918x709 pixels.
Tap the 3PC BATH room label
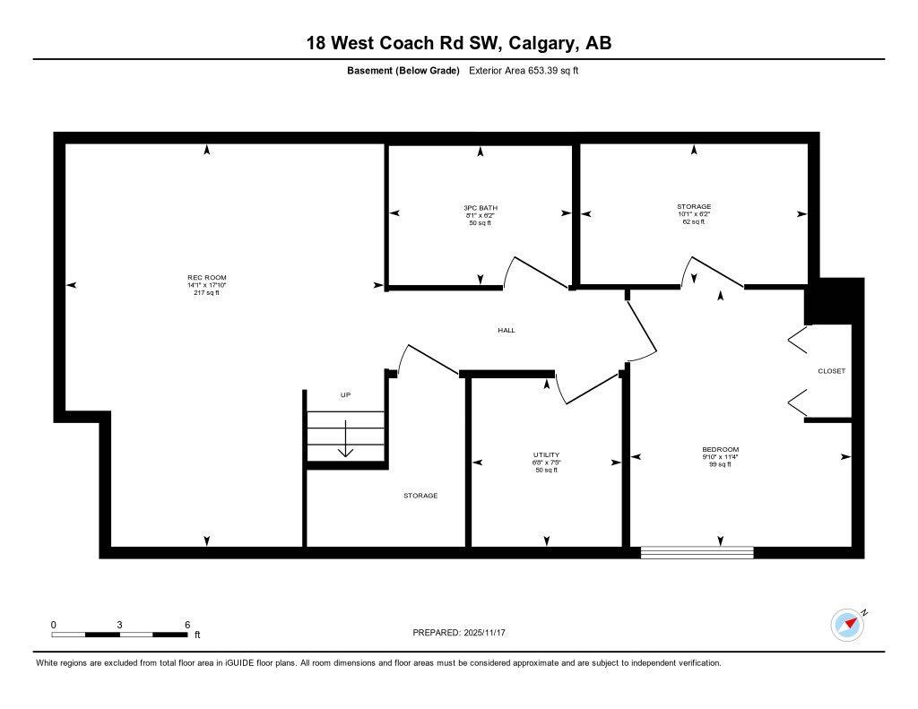pyautogui.click(x=480, y=208)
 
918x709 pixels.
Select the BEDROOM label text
pyautogui.click(x=720, y=449)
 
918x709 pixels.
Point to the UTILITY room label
pyautogui.click(x=546, y=455)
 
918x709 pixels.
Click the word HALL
pyautogui.click(x=507, y=331)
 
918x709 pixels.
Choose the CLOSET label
pyautogui.click(x=831, y=371)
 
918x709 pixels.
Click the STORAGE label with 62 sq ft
pyautogui.click(x=693, y=207)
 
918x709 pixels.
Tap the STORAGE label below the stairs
pyautogui.click(x=420, y=496)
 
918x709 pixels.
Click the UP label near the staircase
pyautogui.click(x=345, y=395)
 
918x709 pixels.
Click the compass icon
pyautogui.click(x=847, y=625)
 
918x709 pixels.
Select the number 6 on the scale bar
pyautogui.click(x=186, y=625)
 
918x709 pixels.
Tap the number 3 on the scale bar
pyautogui.click(x=119, y=625)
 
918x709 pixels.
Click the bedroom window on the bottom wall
pyautogui.click(x=697, y=552)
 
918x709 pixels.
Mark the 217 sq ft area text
pyautogui.click(x=205, y=293)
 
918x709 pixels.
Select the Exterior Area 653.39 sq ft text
pyautogui.click(x=524, y=71)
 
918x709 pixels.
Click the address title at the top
pyautogui.click(x=459, y=43)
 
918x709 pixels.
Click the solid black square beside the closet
pyautogui.click(x=835, y=301)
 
